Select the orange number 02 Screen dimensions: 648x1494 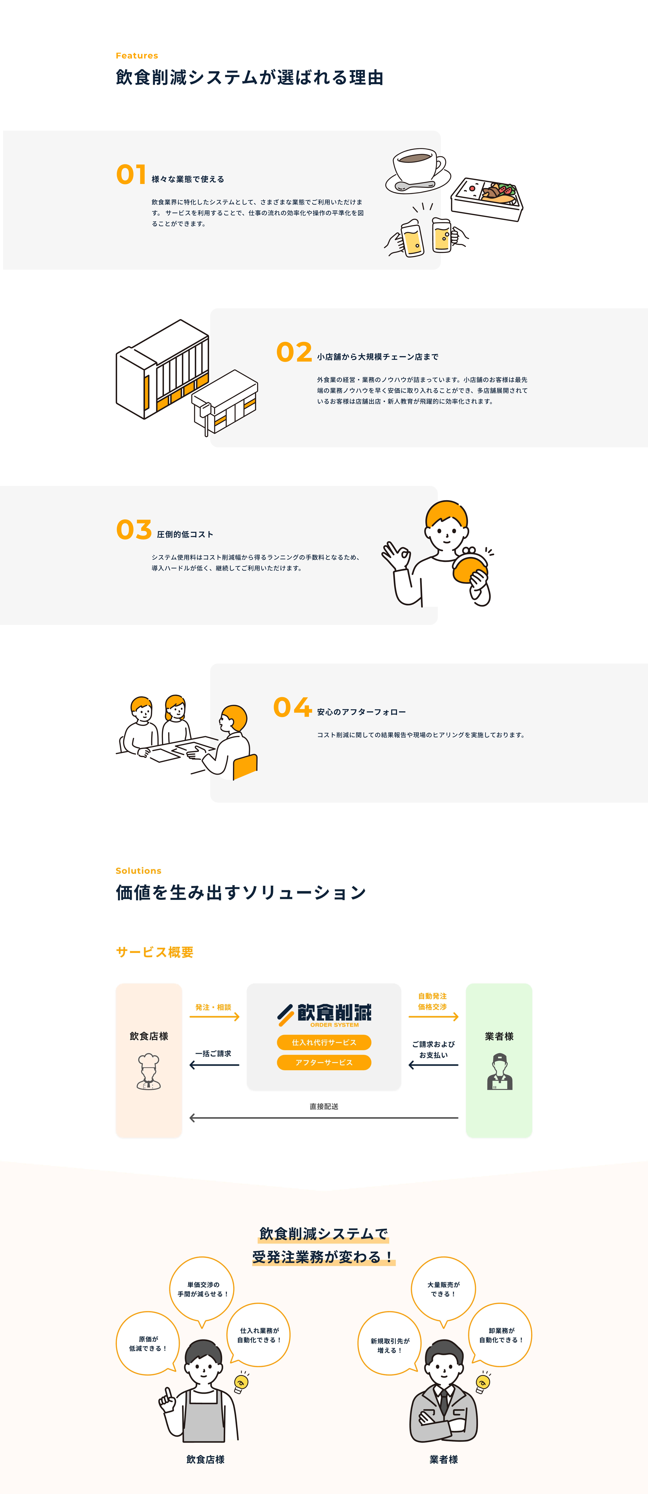point(294,352)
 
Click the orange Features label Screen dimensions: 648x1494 point(137,56)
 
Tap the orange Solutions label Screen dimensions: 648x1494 point(138,870)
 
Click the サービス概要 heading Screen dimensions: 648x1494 point(155,952)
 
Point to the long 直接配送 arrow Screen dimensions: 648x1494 point(324,1118)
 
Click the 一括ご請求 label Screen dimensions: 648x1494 point(213,1053)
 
